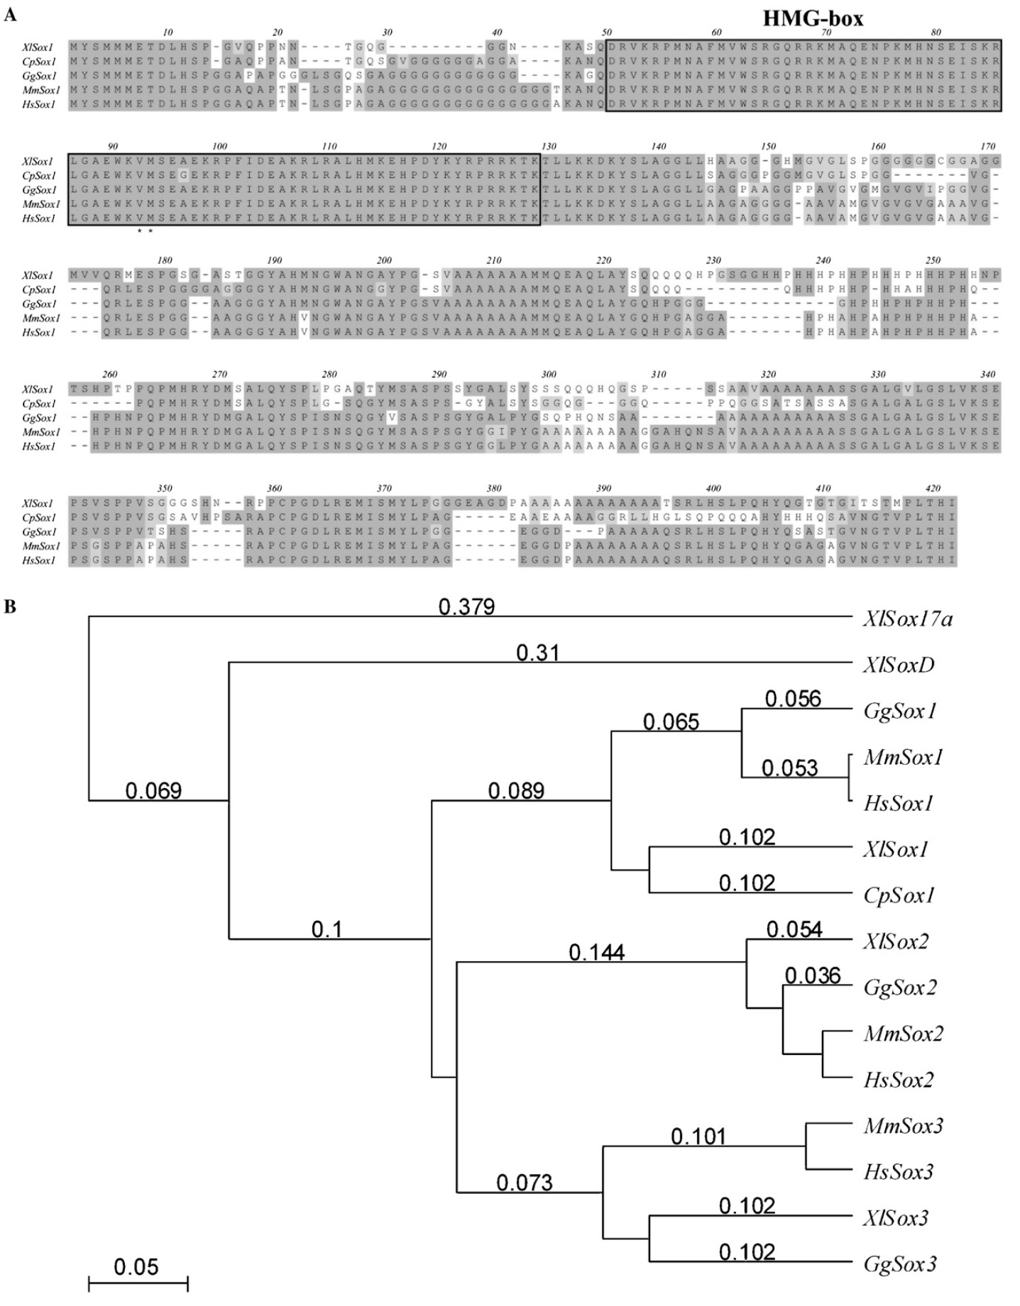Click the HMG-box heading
tap(813, 18)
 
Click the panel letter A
tap(10, 14)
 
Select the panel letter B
tap(10, 608)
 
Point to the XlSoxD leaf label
tap(899, 665)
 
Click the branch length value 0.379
tap(466, 607)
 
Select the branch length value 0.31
tap(537, 653)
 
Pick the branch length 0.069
tap(153, 790)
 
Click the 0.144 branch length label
tap(596, 952)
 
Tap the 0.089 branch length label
tap(516, 790)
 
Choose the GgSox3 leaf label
tap(900, 1264)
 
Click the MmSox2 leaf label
tap(903, 1034)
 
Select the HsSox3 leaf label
tap(898, 1172)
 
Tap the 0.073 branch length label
tap(524, 1183)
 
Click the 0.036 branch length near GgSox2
tap(812, 976)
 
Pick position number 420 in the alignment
tap(933, 488)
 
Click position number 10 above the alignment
tap(168, 33)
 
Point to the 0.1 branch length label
tap(327, 929)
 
